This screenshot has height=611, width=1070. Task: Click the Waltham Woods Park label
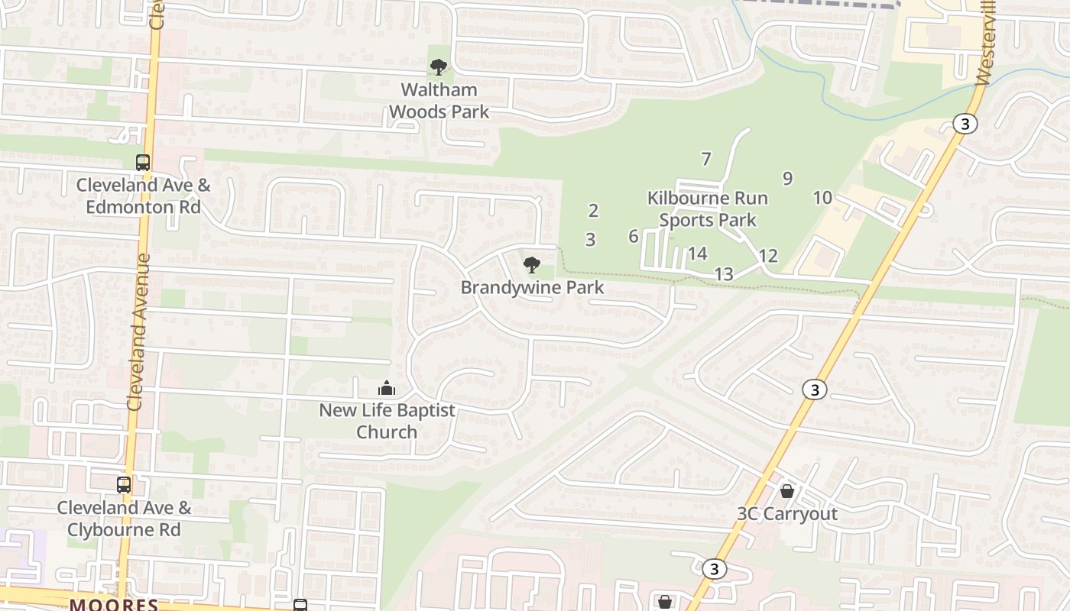[439, 101]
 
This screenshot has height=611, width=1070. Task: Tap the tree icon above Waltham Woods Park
[439, 67]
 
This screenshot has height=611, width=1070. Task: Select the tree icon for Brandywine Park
[532, 265]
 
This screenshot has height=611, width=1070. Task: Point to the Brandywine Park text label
[532, 288]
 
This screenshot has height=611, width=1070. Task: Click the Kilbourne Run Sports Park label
[708, 209]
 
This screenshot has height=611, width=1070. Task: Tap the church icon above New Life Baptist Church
[387, 388]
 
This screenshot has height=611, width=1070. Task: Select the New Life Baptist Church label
[387, 421]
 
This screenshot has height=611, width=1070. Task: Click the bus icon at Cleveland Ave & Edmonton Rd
[143, 162]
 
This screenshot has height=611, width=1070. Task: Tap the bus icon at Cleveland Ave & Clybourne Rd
[124, 484]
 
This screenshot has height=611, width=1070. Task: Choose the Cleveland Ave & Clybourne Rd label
[124, 519]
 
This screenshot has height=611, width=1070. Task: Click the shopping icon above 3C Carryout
[787, 490]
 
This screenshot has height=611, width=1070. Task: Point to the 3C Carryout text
[787, 514]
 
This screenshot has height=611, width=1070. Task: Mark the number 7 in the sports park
[706, 160]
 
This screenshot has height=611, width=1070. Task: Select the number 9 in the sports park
[787, 179]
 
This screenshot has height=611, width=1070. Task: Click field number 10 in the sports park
[822, 198]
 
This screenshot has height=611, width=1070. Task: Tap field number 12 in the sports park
[768, 256]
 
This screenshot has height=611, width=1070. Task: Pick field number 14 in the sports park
[697, 254]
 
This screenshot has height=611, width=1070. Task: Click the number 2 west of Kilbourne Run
[593, 211]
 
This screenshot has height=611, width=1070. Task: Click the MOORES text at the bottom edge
[114, 605]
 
